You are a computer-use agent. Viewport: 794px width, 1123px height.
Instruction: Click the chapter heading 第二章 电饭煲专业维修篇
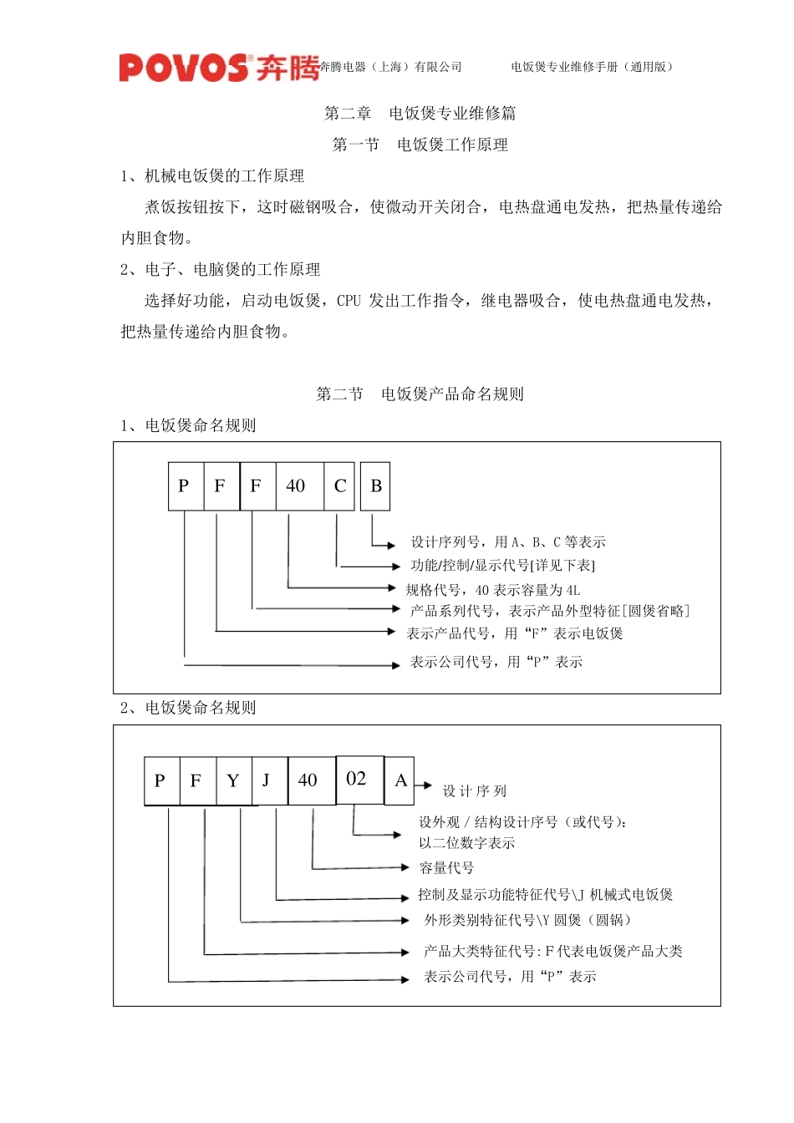[420, 113]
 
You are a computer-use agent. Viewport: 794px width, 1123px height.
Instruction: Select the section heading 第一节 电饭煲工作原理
[420, 145]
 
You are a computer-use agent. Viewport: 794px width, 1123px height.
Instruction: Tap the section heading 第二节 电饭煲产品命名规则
[420, 394]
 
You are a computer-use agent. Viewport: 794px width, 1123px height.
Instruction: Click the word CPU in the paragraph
[349, 301]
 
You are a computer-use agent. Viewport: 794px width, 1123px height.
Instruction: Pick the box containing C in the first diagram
[340, 486]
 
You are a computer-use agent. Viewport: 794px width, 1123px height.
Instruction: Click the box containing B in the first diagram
[375, 486]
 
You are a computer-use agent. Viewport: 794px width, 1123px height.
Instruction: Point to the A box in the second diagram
[400, 780]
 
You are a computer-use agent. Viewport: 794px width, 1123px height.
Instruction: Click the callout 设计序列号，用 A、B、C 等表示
[508, 542]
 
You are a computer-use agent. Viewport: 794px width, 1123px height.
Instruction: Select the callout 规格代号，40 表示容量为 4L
[493, 590]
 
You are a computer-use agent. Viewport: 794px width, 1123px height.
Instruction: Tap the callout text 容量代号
[446, 868]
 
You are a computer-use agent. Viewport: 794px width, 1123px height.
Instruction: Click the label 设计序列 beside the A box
[474, 791]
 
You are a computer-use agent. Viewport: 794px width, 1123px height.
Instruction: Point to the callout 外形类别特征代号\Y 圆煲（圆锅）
[527, 920]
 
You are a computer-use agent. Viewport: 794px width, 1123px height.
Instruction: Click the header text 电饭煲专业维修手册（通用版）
[593, 67]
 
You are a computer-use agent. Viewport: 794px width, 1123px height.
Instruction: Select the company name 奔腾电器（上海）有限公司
[391, 67]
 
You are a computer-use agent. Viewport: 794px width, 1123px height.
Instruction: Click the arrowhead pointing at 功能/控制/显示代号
[395, 567]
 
